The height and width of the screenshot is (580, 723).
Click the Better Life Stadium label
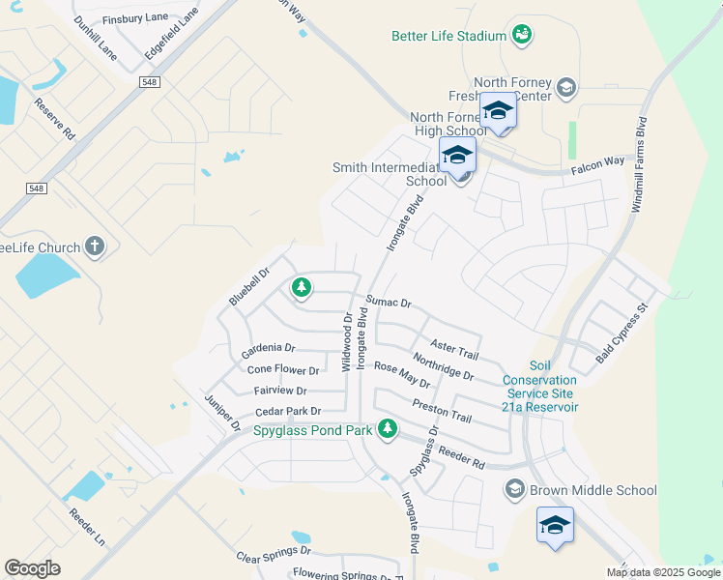point(448,36)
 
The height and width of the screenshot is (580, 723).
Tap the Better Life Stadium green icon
point(522,35)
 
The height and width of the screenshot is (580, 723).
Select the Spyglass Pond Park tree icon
point(388,427)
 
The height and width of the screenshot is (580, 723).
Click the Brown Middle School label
point(593,490)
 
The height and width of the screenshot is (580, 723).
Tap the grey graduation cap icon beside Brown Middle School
point(514,490)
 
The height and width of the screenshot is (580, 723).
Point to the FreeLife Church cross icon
point(95,247)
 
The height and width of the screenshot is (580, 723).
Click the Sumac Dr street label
point(389,303)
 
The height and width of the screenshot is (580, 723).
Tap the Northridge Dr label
point(443,367)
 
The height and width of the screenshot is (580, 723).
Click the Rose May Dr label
point(401,375)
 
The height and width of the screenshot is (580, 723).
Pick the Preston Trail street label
point(442,411)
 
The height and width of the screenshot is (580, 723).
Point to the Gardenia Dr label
point(268,347)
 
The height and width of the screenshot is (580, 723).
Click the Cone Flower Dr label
point(283,370)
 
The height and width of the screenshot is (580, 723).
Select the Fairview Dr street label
point(279,391)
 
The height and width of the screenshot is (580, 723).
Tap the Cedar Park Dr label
point(287,412)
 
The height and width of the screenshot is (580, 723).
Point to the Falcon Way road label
point(602,163)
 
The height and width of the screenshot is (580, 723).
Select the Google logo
point(32,568)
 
